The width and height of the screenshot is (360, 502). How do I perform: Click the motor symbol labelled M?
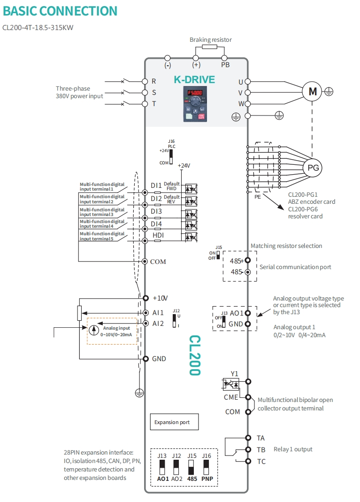(312, 92)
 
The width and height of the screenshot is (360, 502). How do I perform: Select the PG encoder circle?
(312, 167)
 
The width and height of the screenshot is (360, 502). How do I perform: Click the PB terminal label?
(225, 65)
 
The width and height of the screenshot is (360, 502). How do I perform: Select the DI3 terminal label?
(156, 211)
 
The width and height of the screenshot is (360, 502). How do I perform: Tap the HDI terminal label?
(158, 235)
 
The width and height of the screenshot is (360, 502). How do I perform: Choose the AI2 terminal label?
(158, 323)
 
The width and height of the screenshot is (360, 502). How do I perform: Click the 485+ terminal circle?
(248, 260)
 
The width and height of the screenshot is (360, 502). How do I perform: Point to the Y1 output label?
(235, 374)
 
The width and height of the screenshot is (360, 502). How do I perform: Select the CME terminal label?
(231, 397)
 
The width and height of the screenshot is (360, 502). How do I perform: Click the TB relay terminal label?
(261, 449)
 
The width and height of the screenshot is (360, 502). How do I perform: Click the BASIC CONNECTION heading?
(60, 11)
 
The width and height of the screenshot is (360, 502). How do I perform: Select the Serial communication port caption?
(295, 267)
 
